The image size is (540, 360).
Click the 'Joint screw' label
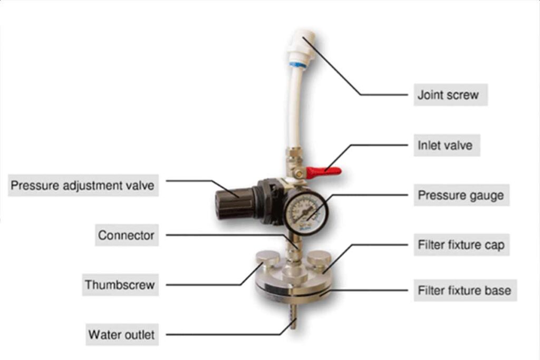tap(450, 95)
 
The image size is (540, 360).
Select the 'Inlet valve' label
tap(447, 145)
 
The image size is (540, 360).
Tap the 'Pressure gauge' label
tap(461, 195)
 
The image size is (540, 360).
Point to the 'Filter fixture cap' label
tap(461, 245)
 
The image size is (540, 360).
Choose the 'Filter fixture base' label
tap(465, 290)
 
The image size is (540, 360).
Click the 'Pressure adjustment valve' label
tap(83, 185)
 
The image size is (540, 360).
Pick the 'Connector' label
tap(127, 235)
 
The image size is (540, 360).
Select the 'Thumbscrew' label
tap(120, 285)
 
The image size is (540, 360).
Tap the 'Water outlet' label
tap(122, 334)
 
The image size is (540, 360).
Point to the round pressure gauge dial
tap(305, 213)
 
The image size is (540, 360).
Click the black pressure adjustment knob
tap(234, 205)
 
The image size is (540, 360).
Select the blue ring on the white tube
tap(296, 65)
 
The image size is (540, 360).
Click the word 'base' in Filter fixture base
tap(498, 290)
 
